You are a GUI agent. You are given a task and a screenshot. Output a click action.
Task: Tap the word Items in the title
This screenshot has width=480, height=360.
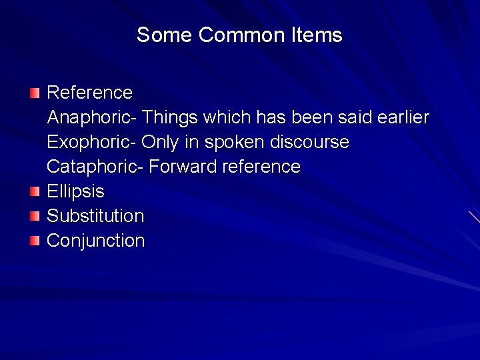click(317, 35)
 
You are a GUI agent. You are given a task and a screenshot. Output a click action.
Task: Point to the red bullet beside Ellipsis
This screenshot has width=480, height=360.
click(35, 192)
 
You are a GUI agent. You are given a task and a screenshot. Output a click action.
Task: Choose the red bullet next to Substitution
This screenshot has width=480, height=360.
click(35, 216)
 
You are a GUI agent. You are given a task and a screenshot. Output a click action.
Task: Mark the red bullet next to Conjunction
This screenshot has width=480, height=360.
click(35, 241)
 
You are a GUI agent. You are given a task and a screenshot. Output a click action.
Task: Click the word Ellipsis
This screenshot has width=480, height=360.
click(75, 192)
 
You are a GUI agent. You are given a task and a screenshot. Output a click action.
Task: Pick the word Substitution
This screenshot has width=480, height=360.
click(95, 216)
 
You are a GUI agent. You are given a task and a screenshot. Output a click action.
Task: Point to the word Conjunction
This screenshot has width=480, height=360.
click(95, 241)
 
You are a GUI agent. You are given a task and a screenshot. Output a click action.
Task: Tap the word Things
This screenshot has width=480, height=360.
click(170, 118)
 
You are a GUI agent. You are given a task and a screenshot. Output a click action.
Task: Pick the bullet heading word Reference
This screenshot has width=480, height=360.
click(90, 92)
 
